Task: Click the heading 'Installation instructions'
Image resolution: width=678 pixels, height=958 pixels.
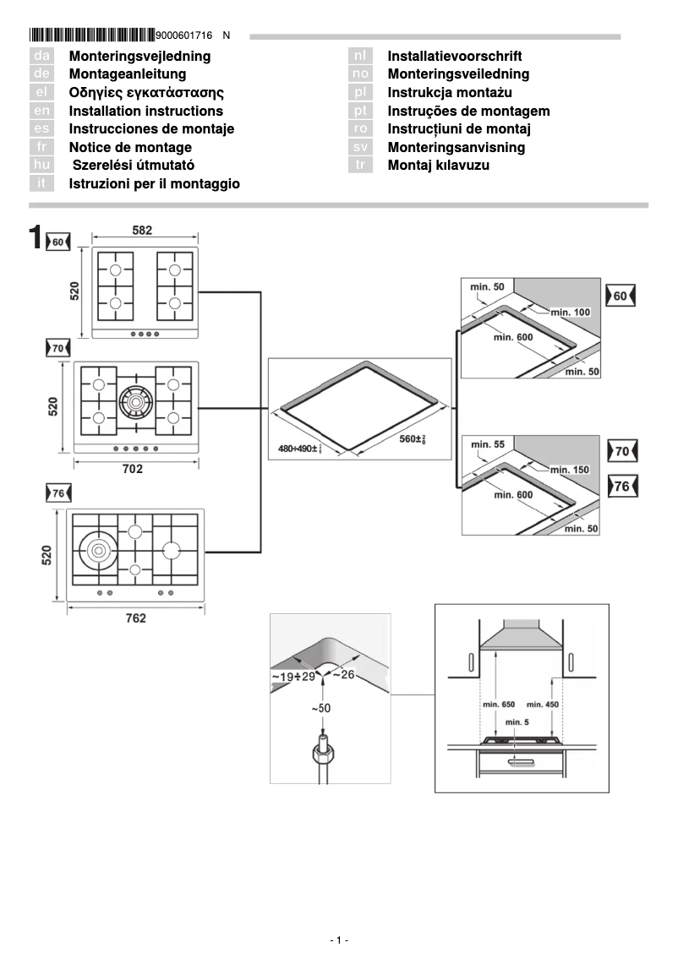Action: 145,111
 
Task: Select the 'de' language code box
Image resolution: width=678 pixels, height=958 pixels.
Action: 41,74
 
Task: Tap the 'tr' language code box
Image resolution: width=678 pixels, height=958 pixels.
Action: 360,166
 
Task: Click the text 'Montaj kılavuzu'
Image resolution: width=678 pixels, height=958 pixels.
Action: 438,166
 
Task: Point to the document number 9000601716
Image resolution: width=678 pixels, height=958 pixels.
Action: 184,35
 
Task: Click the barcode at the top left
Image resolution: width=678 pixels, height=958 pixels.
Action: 92,35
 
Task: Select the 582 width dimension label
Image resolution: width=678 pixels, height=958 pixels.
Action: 143,230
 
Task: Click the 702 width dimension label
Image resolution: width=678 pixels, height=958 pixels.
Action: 133,469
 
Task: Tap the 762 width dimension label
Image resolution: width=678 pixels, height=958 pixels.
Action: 135,618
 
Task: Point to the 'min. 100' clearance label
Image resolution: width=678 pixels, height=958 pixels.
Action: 571,313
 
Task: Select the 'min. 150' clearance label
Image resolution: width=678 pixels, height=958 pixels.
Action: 571,469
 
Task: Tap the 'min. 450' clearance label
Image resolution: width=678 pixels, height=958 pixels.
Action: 543,704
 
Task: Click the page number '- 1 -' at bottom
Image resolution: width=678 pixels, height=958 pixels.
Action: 338,940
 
